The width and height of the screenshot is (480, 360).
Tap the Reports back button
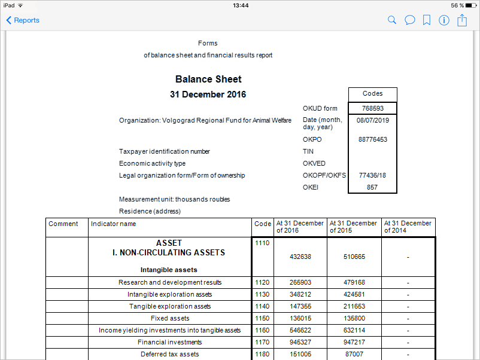(23, 20)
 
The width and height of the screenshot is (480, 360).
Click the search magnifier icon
(392, 20)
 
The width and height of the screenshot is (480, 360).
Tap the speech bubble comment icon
(409, 20)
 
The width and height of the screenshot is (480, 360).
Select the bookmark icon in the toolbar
(427, 20)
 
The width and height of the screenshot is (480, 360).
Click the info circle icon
(444, 20)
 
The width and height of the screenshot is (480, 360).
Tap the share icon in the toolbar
(462, 20)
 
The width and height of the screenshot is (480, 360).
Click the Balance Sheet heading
(208, 79)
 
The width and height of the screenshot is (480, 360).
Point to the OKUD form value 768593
(372, 108)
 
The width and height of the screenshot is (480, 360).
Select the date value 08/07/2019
(372, 120)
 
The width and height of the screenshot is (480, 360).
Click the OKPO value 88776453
(372, 139)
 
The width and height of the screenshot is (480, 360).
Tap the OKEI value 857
(372, 187)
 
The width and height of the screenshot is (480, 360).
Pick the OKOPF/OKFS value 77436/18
(372, 175)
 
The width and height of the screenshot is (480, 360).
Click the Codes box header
(372, 94)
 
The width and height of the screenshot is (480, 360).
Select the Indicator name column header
(114, 224)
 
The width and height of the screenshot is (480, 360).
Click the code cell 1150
(262, 318)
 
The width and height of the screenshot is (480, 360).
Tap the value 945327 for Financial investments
(300, 342)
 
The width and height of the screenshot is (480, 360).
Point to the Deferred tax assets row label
(169, 354)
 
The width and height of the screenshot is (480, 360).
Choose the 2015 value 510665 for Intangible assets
(354, 257)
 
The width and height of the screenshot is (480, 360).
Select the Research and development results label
(169, 282)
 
